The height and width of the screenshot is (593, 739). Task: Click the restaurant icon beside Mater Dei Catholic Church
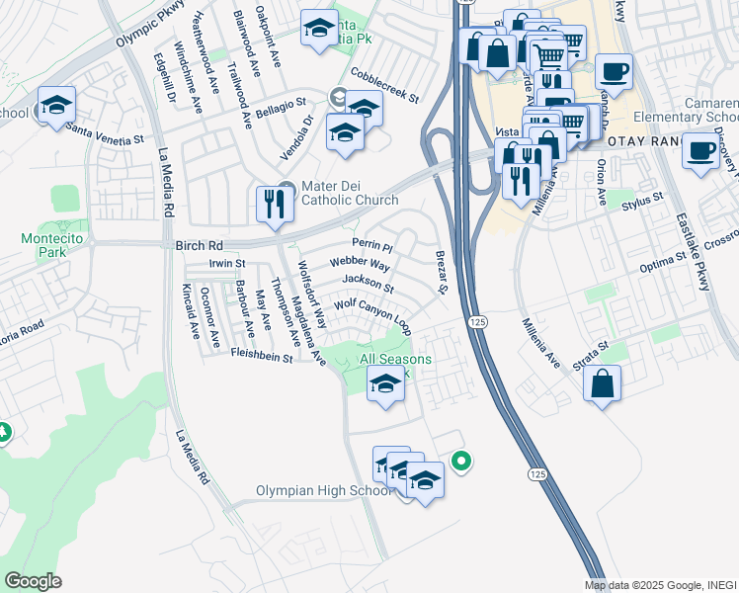point(272,204)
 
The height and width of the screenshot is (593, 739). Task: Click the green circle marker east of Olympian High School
point(460,461)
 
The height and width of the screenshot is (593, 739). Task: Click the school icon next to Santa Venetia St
point(56,106)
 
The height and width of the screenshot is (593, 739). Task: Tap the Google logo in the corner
point(33,580)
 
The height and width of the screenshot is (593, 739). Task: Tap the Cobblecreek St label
point(385,86)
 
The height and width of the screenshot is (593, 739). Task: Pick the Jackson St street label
point(368,285)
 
